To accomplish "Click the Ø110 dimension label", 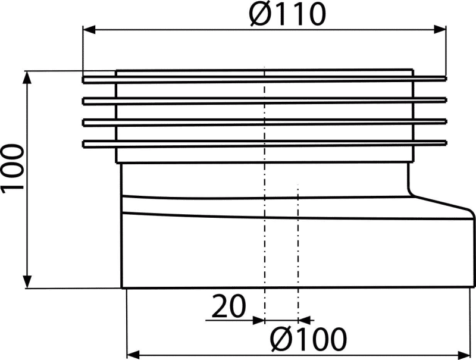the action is coord(287,14).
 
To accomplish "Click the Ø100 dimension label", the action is coord(308,339).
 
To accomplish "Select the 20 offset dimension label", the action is coord(228,306).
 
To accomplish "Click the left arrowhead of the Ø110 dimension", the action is coord(89,30).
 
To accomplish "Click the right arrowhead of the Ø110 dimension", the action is coord(440,29).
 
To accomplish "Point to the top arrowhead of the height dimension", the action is coord(27,77).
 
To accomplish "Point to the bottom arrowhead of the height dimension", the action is coord(27,281).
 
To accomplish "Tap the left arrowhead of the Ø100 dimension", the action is coord(133,354).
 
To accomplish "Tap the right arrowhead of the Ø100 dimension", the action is coord(464,354).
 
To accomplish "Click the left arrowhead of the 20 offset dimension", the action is coord(259,320).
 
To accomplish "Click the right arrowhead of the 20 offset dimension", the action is coord(305,320).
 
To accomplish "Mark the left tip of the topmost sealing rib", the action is coord(83,80).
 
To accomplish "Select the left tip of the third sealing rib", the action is coord(83,123).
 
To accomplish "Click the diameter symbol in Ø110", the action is coord(260,14).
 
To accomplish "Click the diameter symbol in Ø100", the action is coord(280,339).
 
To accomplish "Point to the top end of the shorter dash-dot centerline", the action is coord(298,184).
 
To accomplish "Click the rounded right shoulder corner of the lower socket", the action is coord(471,213).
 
